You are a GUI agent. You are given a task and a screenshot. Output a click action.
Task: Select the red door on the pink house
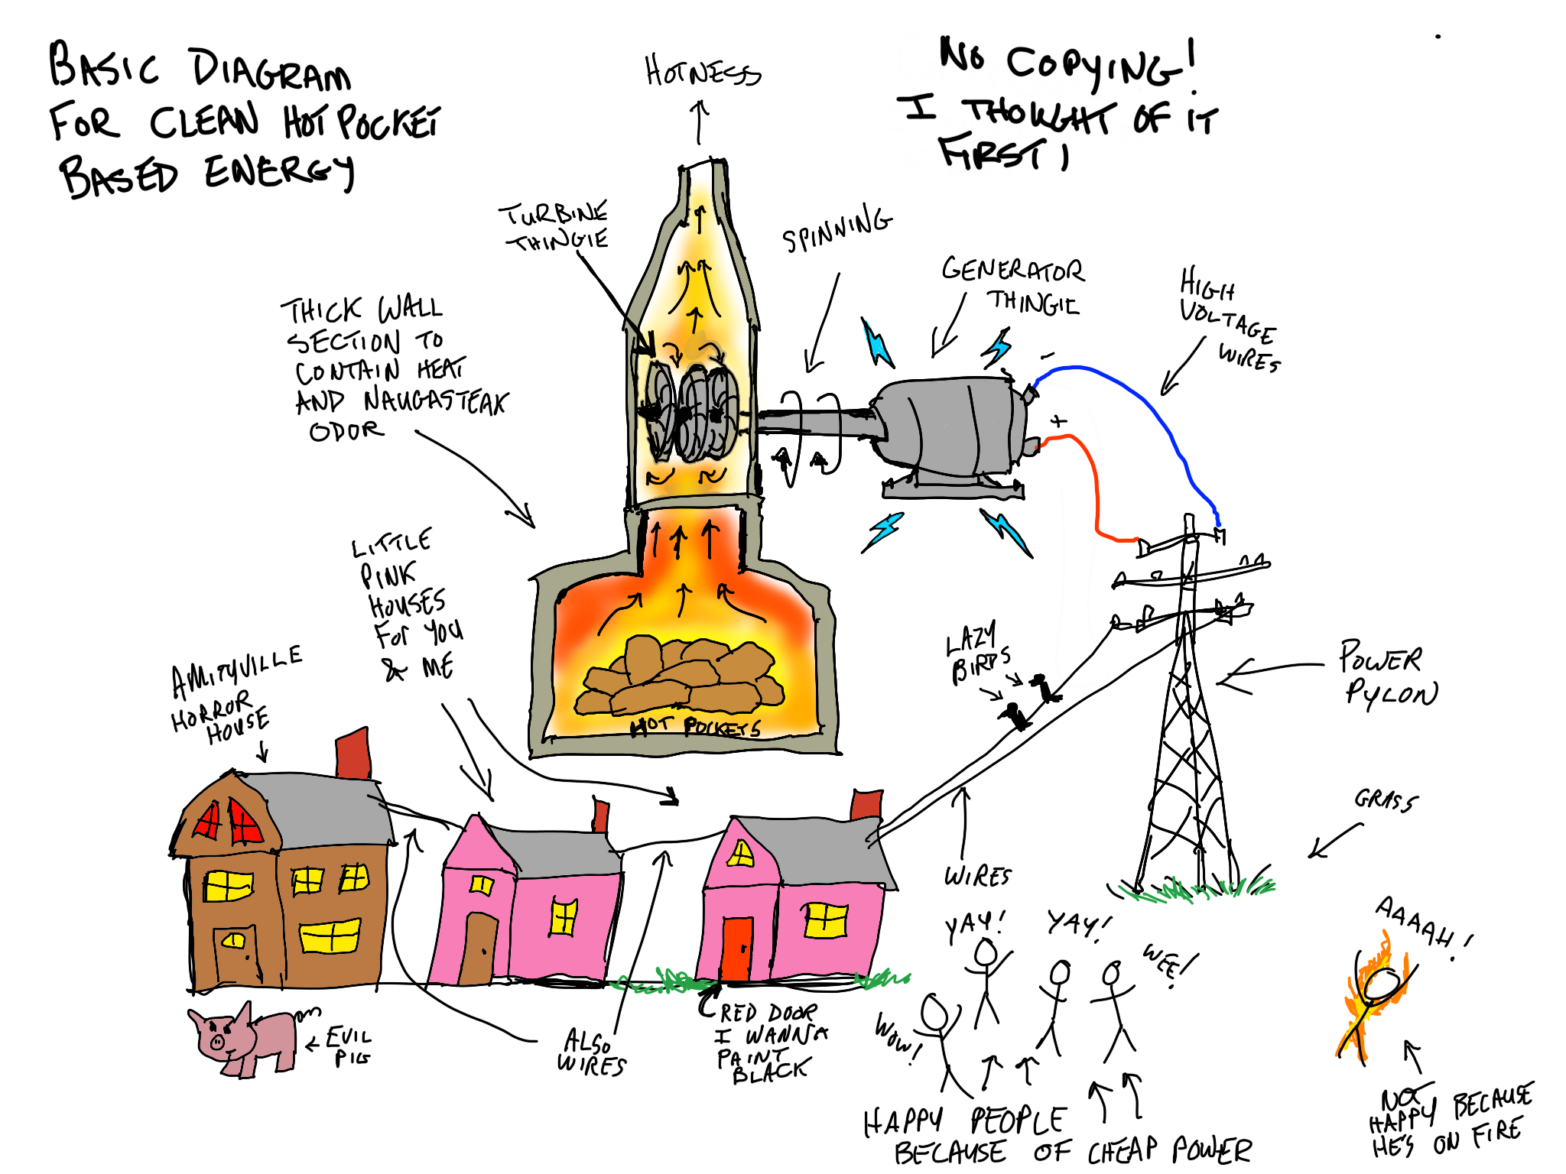pyautogui.click(x=737, y=948)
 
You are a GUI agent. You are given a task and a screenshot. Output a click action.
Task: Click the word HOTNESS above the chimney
pyautogui.click(x=702, y=73)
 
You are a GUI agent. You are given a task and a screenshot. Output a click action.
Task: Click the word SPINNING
pyautogui.click(x=837, y=229)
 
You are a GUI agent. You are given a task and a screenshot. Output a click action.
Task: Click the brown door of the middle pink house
pyautogui.click(x=479, y=948)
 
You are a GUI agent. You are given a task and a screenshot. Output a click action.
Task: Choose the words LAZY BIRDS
pyautogui.click(x=977, y=653)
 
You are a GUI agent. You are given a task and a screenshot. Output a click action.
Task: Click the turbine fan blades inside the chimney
pyautogui.click(x=692, y=413)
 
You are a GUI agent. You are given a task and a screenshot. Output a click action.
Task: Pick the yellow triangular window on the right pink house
pyautogui.click(x=740, y=853)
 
